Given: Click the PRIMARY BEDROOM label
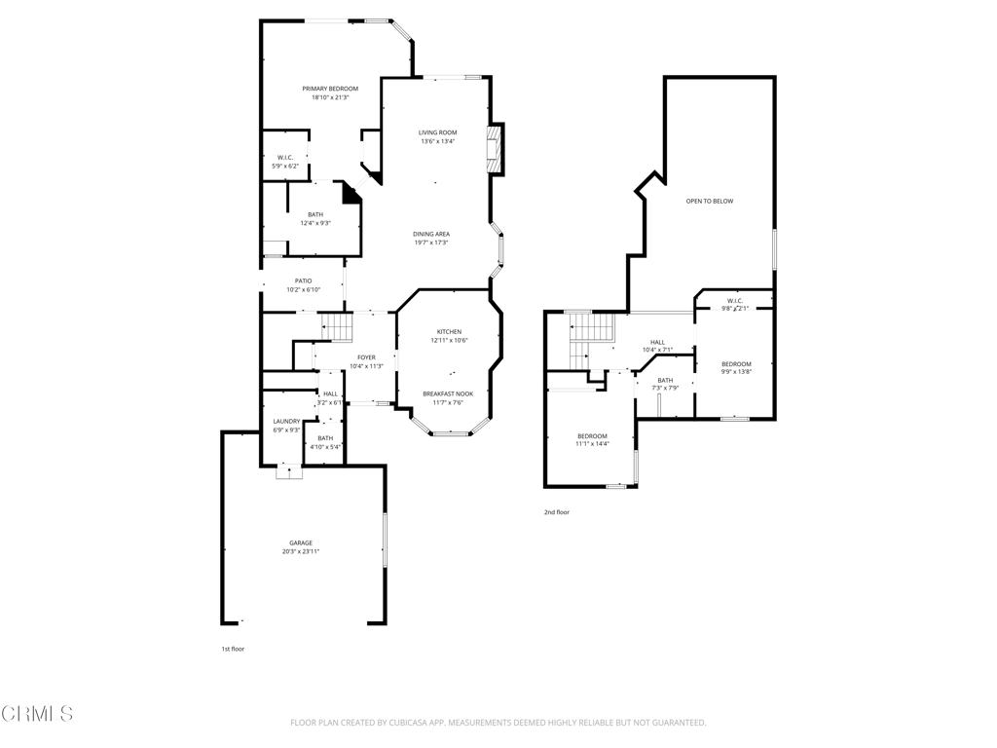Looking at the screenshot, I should tap(330, 89).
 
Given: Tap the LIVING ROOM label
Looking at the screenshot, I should tap(437, 132).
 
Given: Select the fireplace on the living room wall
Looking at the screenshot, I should tap(497, 149).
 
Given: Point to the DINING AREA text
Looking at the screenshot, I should tap(430, 234).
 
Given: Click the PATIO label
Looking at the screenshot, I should tap(304, 280).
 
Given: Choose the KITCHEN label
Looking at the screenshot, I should tap(449, 331).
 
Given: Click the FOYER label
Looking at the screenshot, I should tap(366, 357).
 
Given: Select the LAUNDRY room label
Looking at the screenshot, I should tap(286, 421).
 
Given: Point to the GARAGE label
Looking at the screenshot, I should tap(301, 542).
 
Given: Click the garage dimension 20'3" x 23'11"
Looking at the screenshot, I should tap(301, 551).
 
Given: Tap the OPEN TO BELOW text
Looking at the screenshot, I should tap(709, 202).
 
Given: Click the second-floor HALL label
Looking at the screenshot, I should tap(657, 342).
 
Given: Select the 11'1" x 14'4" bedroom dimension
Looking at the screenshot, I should tap(592, 444).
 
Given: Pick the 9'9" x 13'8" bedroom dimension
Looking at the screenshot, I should tap(736, 371).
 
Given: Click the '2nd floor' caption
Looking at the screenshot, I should tap(557, 511).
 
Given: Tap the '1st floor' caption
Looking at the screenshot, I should tap(232, 648).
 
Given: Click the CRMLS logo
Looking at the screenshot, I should tap(37, 714).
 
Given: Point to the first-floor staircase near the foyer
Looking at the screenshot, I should tap(336, 327).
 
